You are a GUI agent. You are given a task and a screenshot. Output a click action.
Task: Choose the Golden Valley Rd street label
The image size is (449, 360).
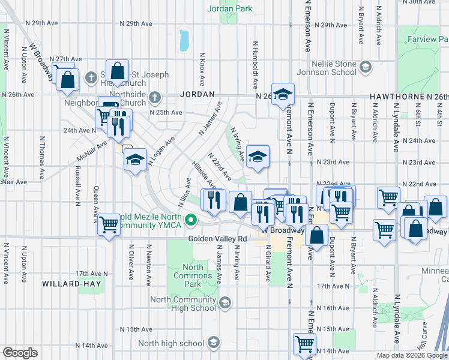tap(218, 238)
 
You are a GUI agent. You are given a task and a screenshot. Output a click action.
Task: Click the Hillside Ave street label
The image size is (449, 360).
tap(202, 174)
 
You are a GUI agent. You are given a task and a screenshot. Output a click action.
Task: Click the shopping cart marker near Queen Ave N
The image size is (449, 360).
tap(109, 225)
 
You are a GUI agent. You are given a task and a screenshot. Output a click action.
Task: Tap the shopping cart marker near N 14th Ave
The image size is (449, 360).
tap(304, 344)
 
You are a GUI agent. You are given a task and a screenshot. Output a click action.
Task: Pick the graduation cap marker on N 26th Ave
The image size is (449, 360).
tap(283, 94)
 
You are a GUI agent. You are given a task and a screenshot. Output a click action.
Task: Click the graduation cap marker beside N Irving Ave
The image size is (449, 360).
tap(258, 157)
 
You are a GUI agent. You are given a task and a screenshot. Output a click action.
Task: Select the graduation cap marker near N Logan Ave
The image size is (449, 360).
tap(135, 160)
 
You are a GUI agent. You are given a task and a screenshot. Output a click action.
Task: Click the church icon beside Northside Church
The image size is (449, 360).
tap(155, 97)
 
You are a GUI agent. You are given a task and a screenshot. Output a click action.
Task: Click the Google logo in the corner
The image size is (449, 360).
tap(20, 353)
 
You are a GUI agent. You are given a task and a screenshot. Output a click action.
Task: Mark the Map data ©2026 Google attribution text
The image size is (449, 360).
tap(411, 355)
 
